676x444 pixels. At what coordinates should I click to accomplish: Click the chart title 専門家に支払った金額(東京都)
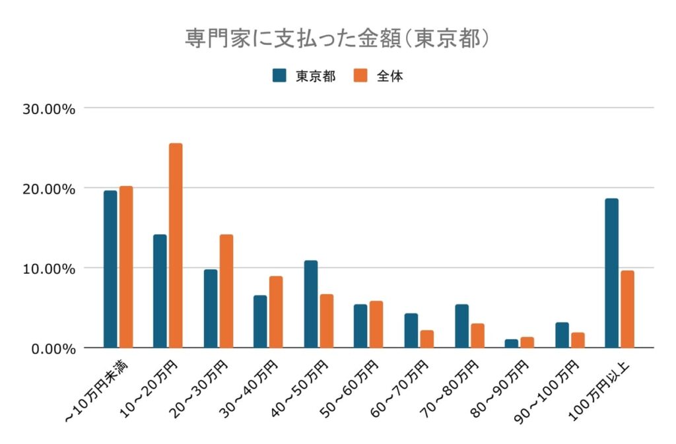(x=337, y=38)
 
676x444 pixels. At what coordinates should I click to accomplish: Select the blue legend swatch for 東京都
(x=279, y=75)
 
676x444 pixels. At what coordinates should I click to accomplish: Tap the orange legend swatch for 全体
(x=360, y=75)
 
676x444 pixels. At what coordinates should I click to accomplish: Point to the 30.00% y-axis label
(x=49, y=108)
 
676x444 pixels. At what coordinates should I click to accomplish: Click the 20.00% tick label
(x=49, y=188)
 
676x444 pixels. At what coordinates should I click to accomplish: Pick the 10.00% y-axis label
(x=49, y=269)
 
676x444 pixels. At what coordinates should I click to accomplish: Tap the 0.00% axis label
(x=53, y=348)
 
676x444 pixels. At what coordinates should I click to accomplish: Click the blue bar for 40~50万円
(x=310, y=304)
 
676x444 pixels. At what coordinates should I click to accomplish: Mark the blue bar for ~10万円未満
(x=110, y=269)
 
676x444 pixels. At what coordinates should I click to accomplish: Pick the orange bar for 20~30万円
(x=226, y=291)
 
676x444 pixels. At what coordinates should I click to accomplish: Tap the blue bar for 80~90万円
(x=512, y=344)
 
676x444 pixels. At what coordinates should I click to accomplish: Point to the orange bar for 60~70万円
(x=427, y=339)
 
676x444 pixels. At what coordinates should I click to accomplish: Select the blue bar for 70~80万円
(x=461, y=326)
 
